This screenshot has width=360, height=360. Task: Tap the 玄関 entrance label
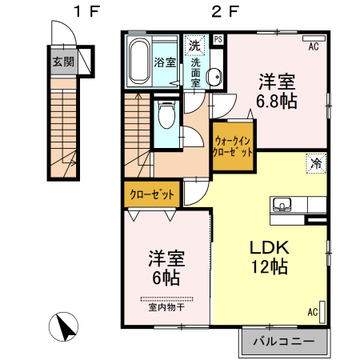pyautogui.click(x=63, y=61)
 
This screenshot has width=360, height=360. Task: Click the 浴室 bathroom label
pyautogui.click(x=165, y=62)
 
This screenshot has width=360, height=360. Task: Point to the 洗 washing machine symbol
pyautogui.click(x=194, y=45)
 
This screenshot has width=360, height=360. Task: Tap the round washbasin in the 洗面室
pyautogui.click(x=214, y=77)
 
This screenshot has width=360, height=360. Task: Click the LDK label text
pyautogui.click(x=267, y=247)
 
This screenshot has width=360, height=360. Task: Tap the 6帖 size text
pyautogui.click(x=166, y=278)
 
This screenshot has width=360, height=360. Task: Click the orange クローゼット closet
pyautogui.click(x=151, y=194)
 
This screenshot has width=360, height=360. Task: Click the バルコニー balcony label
pyautogui.click(x=283, y=343)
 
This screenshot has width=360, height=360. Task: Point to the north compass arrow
pyautogui.click(x=64, y=326)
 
